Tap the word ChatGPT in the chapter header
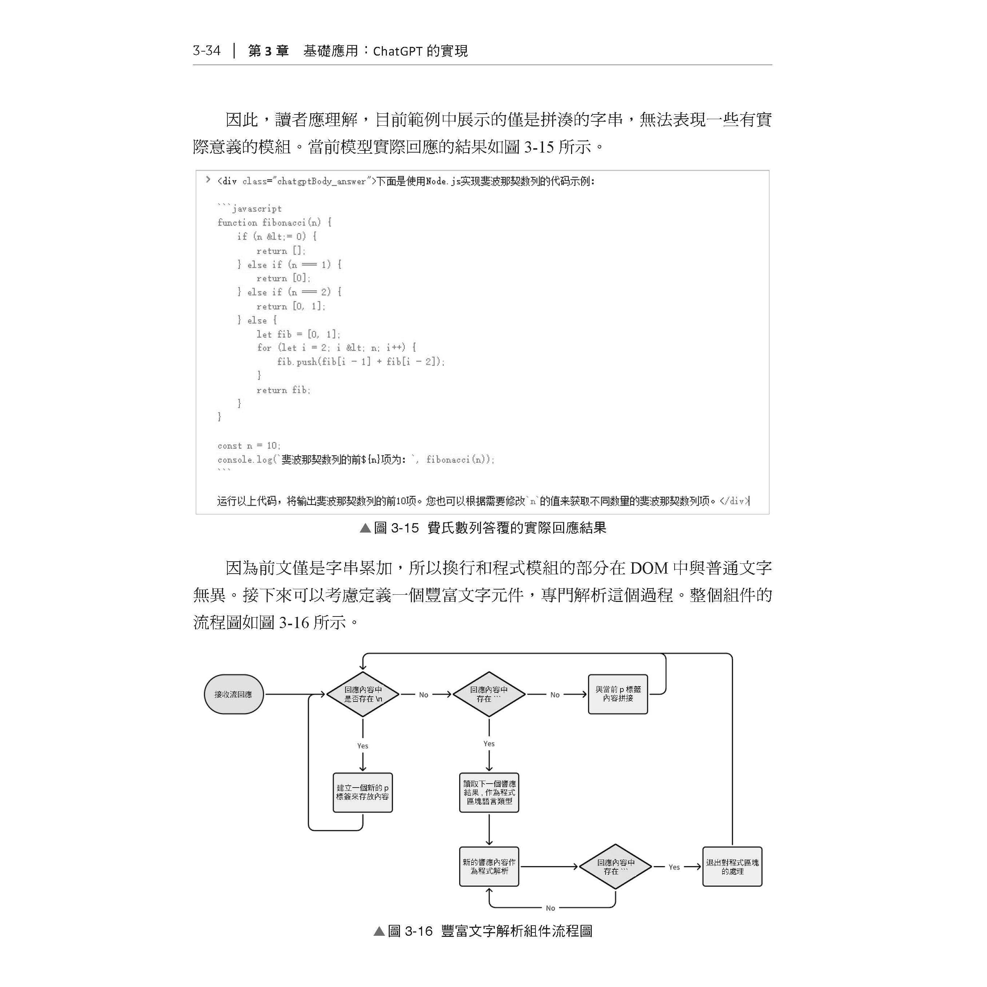[x=397, y=51]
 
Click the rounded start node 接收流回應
[x=234, y=694]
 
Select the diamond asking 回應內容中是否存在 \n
[x=363, y=694]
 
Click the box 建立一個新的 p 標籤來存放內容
[x=363, y=792]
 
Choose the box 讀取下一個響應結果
[x=489, y=792]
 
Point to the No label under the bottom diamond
[x=550, y=908]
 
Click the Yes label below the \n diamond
[x=363, y=746]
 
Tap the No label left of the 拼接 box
[x=555, y=695]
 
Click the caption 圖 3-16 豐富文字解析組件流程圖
[x=483, y=931]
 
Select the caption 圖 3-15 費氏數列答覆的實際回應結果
[x=483, y=528]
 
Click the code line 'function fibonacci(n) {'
[x=274, y=222]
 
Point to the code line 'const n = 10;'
[x=249, y=445]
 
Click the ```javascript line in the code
[x=250, y=209]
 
